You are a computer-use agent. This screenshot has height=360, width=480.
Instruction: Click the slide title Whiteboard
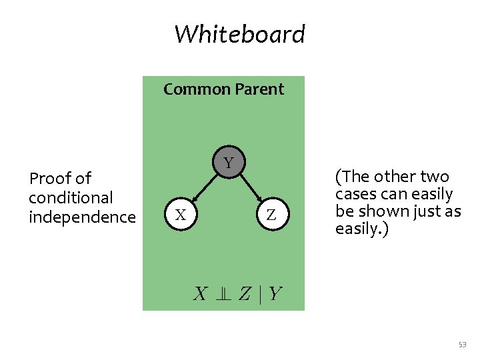coord(239,33)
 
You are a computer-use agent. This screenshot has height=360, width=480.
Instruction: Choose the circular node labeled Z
coord(271,215)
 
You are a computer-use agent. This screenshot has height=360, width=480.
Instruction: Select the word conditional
coord(71,198)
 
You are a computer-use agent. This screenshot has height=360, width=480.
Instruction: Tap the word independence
coord(82,217)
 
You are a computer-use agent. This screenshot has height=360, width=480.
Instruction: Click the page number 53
coord(463,345)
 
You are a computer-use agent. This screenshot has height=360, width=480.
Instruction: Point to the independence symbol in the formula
coord(223,293)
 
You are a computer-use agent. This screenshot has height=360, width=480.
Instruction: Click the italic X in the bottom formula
coord(200,293)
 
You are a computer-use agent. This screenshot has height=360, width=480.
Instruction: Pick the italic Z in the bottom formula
coord(245,293)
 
